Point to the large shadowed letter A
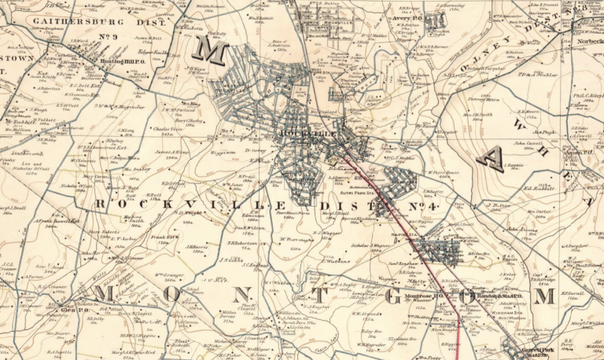pos(490,160)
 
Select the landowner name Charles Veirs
pos(167,128)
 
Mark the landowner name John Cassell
pos(529,144)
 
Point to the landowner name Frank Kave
pos(162,237)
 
